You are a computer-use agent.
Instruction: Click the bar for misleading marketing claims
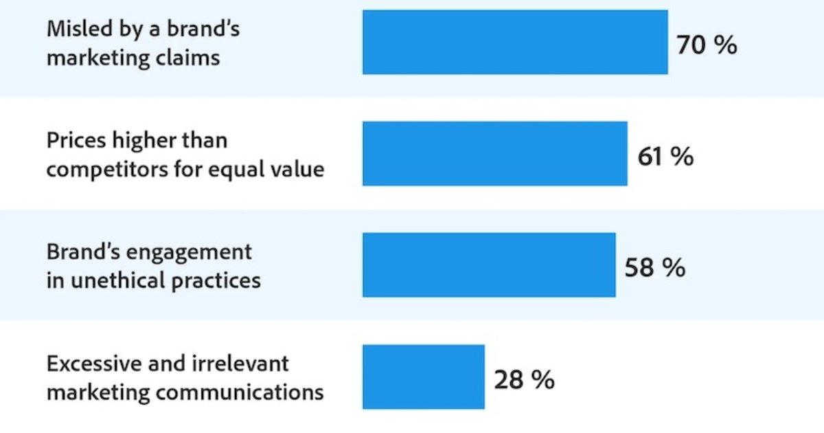(x=515, y=42)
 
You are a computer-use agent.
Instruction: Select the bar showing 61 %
(x=494, y=154)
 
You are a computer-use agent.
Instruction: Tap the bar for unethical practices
(x=489, y=265)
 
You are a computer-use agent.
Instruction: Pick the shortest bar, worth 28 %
(x=424, y=377)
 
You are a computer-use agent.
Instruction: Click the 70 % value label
(x=707, y=45)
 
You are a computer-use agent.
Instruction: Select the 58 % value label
(x=654, y=268)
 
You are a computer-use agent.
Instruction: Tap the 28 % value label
(x=524, y=379)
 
